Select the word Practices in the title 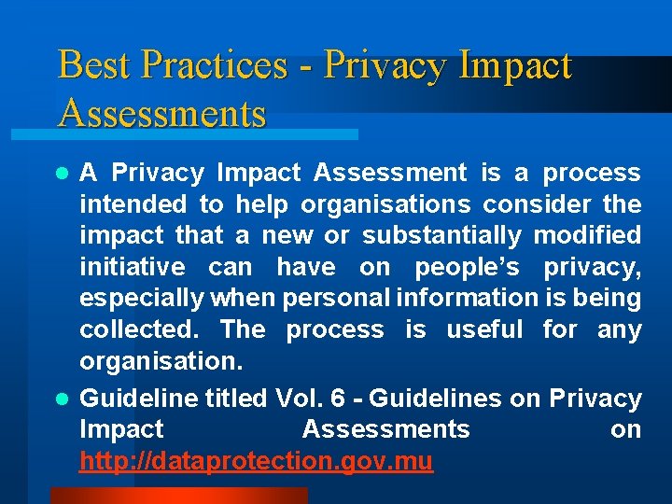[214, 66]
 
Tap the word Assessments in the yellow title [161, 114]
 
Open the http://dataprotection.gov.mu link [256, 461]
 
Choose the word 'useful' [484, 330]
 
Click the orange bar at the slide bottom [178, 496]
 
